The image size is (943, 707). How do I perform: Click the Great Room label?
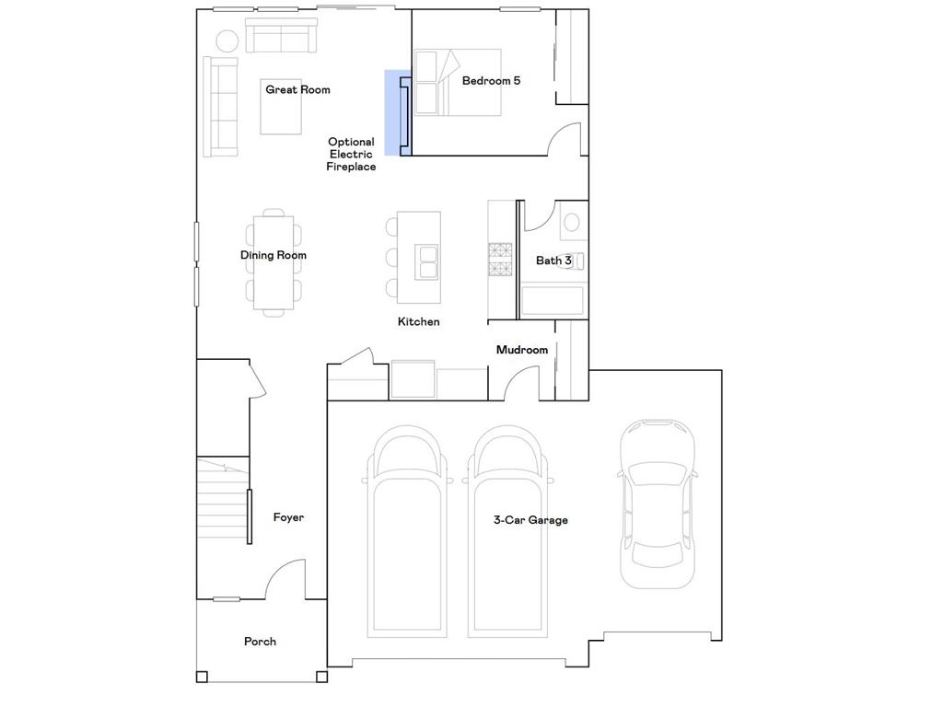click(x=297, y=89)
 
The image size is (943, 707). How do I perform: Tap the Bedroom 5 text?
click(x=491, y=80)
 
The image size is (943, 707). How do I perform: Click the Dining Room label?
click(x=274, y=255)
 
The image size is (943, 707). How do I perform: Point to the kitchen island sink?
click(x=426, y=261)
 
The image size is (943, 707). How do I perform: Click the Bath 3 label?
click(x=553, y=261)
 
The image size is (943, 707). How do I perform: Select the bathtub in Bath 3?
click(x=552, y=301)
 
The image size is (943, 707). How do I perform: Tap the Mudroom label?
click(x=521, y=350)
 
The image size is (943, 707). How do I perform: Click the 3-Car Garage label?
click(x=530, y=520)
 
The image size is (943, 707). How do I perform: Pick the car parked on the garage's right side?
click(x=656, y=504)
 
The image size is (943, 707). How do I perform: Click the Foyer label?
click(x=288, y=517)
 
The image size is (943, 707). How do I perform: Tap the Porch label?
click(x=260, y=642)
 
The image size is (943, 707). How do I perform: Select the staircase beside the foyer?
click(x=221, y=502)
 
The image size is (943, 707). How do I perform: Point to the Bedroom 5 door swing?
click(x=563, y=140)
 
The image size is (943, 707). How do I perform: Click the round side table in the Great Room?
click(x=227, y=40)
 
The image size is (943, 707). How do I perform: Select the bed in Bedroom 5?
click(x=457, y=82)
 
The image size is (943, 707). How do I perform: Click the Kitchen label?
click(x=418, y=322)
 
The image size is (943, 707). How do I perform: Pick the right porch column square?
click(x=321, y=678)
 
